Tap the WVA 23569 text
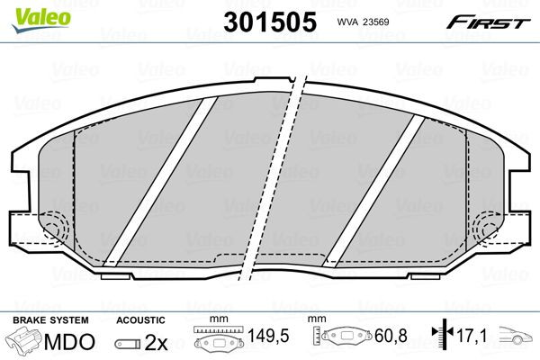[362, 22]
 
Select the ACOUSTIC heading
[140, 320]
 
